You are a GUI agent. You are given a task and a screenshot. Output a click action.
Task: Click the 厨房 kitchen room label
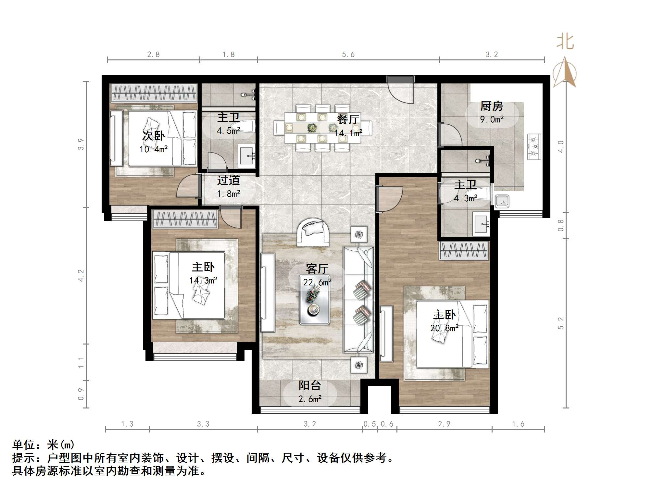[492, 106]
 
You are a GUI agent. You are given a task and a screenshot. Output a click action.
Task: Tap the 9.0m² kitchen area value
[492, 119]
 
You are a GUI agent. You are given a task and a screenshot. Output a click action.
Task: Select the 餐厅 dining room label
[348, 119]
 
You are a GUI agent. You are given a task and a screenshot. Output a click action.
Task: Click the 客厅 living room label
[317, 269]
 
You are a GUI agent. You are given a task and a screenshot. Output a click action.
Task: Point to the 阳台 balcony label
[310, 385]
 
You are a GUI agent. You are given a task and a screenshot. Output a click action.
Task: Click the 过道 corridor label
[229, 180]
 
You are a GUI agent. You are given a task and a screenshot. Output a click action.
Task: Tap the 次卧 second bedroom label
[154, 136]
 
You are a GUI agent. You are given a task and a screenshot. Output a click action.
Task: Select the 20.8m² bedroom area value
[444, 328]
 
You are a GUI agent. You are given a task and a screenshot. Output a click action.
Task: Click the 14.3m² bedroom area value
[203, 280]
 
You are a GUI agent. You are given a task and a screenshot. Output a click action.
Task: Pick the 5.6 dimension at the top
[348, 55]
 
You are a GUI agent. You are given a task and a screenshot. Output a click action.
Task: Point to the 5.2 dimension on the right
[561, 323]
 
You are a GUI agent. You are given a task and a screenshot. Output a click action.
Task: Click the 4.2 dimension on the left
[81, 275]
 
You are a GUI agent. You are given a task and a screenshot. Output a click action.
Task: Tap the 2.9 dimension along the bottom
[444, 424]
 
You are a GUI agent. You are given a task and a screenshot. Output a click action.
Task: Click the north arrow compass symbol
[565, 73]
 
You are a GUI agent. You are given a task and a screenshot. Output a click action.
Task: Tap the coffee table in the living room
[314, 299]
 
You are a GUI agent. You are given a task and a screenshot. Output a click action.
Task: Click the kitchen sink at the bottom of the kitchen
[502, 202]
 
